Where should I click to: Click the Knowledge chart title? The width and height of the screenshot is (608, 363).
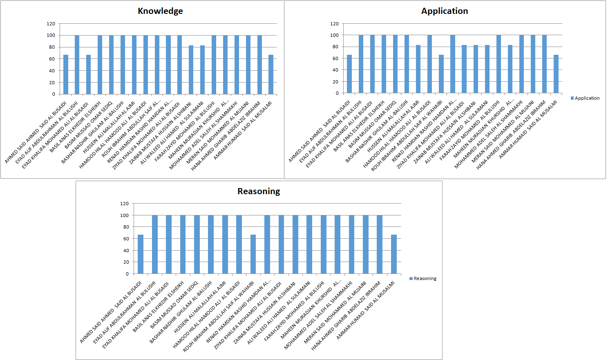160,11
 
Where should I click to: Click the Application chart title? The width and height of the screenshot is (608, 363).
445,11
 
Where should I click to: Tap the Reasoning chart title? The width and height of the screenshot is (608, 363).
259,191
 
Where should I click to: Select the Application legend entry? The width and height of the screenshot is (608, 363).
585,98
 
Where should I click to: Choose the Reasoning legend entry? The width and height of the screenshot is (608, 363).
423,278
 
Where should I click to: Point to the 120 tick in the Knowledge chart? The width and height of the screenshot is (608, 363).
51,24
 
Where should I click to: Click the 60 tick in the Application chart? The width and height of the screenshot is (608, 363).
335,58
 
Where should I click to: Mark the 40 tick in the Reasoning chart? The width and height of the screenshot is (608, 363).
125,251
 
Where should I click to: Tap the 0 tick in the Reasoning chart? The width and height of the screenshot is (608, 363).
127,274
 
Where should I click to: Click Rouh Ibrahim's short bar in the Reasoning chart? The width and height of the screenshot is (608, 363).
253,254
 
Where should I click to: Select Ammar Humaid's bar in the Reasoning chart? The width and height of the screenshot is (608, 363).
394,254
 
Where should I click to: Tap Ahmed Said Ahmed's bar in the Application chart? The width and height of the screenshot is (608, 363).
349,74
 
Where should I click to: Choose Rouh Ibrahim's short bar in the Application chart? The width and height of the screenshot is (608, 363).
441,74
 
